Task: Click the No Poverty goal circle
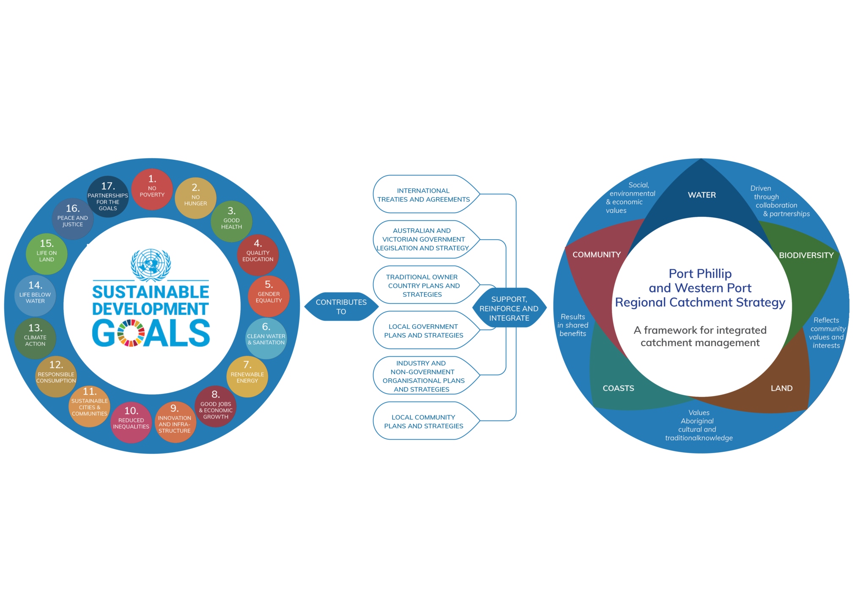point(152,189)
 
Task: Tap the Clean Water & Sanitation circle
point(266,338)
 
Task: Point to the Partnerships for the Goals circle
point(108,197)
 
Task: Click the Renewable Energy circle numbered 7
point(247,376)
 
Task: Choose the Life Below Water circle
point(35,295)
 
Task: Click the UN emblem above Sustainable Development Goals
point(151,265)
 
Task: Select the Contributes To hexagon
point(341,307)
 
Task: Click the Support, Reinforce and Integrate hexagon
point(509,309)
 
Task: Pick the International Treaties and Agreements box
point(424,194)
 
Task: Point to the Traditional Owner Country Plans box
point(423,285)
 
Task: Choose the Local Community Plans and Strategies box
point(424,421)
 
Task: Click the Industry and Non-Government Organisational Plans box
point(423,376)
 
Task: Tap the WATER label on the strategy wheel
point(702,195)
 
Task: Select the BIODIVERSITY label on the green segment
point(806,255)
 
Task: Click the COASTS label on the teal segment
point(618,388)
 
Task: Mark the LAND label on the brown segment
point(781,388)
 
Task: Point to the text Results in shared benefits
point(573,325)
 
